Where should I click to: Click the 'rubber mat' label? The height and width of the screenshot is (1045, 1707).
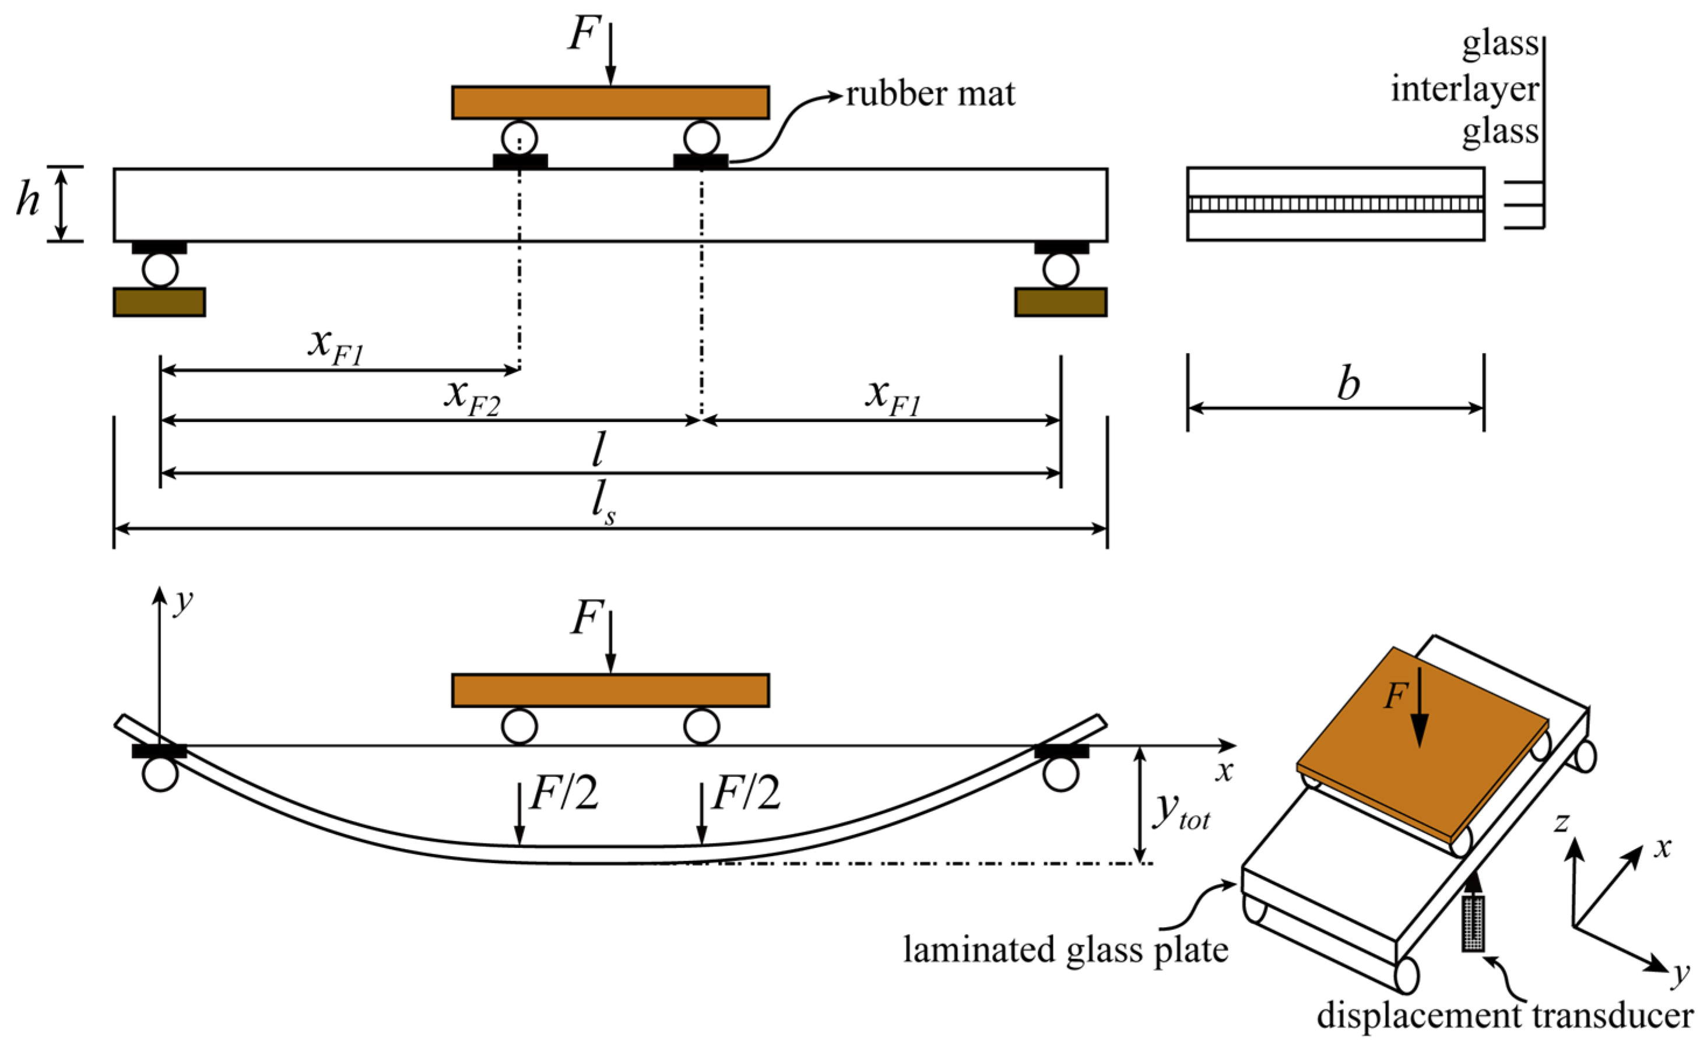[930, 94]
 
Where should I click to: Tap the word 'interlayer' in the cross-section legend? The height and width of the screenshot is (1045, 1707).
[1464, 90]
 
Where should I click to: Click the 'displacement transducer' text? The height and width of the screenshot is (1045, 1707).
[1505, 1015]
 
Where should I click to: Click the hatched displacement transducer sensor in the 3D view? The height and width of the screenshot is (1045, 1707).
[1473, 924]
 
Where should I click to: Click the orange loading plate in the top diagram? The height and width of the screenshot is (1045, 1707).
[610, 103]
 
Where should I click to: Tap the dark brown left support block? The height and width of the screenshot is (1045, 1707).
[159, 302]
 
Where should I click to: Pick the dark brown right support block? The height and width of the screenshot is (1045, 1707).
[1060, 302]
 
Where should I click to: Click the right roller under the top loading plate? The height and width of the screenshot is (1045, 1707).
[701, 137]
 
